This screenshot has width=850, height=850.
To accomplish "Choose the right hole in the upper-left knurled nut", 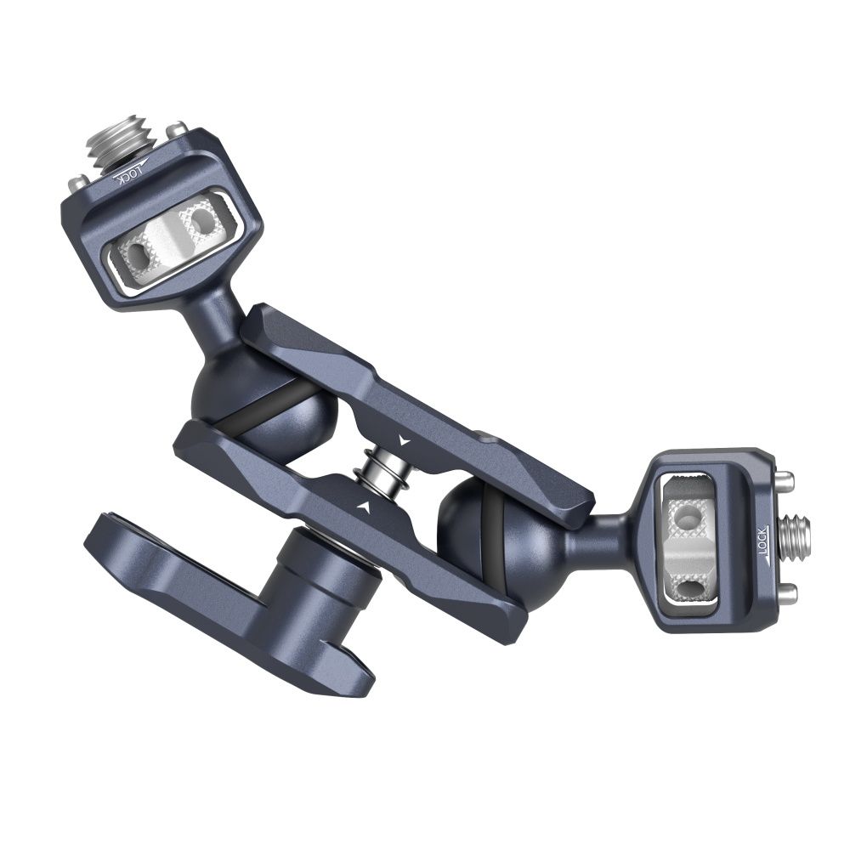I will pos(201,223).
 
